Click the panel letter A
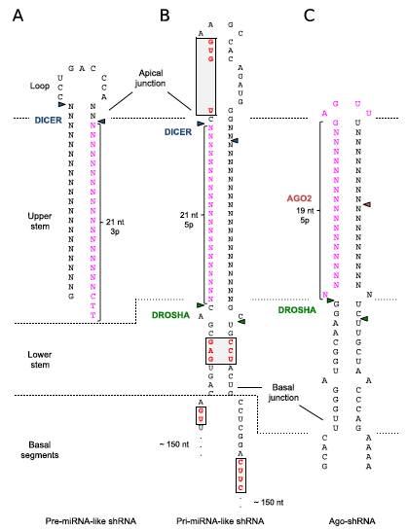(18, 16)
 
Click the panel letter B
(165, 16)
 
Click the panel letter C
(309, 16)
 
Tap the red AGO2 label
(299, 198)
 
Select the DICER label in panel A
(48, 121)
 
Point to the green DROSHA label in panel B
(170, 315)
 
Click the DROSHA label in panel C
(297, 310)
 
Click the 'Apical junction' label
(150, 78)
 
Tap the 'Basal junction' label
(283, 393)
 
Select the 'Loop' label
(40, 86)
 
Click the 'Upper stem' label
(40, 221)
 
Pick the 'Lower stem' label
(40, 360)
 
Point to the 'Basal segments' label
(40, 450)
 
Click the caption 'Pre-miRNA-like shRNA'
(91, 521)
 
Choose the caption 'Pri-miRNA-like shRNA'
(220, 521)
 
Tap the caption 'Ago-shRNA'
(352, 521)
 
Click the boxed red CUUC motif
(240, 476)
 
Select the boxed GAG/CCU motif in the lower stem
(221, 351)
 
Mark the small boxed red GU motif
(201, 415)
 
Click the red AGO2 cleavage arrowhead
(367, 204)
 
